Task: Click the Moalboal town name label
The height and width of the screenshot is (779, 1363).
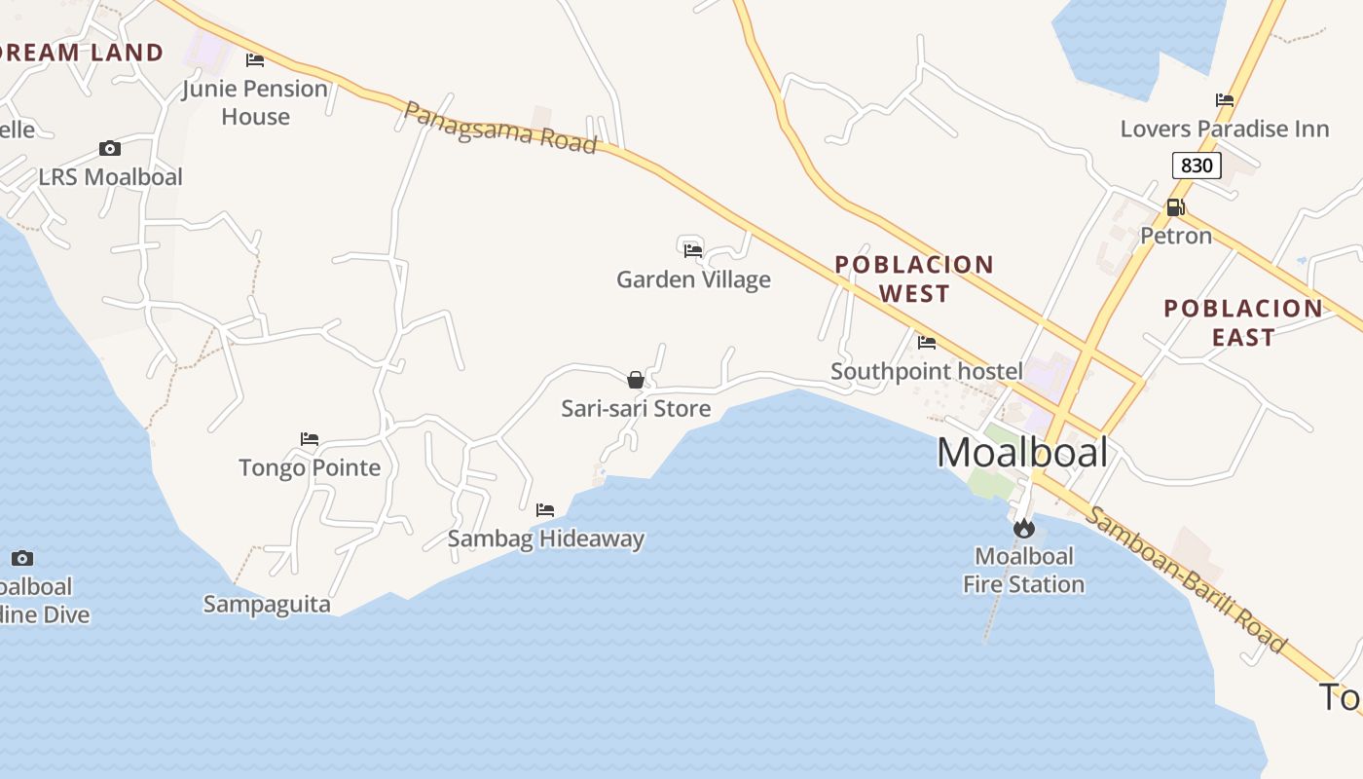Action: (x=1022, y=453)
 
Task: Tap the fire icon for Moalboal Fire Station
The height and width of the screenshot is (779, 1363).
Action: (x=1023, y=529)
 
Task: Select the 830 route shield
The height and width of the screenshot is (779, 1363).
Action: (x=1196, y=166)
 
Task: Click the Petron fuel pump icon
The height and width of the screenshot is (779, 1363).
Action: (x=1175, y=207)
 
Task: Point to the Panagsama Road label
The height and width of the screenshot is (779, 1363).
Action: (x=499, y=129)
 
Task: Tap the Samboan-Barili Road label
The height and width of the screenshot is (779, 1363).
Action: (x=1185, y=580)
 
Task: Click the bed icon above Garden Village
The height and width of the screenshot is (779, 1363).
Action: (x=693, y=251)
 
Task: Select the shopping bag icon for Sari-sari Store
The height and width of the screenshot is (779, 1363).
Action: (x=636, y=380)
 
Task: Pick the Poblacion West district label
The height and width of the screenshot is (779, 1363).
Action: (x=914, y=278)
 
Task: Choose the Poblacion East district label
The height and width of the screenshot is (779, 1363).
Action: (x=1243, y=322)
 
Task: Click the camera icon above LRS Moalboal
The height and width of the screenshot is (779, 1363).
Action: (x=110, y=149)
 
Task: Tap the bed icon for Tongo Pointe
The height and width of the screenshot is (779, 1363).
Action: (x=310, y=439)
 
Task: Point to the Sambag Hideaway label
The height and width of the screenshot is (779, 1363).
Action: (x=546, y=538)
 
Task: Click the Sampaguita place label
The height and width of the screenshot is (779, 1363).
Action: (x=267, y=604)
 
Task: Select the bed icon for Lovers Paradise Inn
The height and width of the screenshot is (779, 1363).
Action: (x=1225, y=100)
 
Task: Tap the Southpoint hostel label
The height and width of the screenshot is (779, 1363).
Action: (x=927, y=371)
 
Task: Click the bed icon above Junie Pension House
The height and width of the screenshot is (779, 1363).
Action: (x=255, y=60)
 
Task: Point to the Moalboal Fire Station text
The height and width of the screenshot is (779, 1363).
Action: (x=1024, y=571)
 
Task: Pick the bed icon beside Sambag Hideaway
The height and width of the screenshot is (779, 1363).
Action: (x=545, y=510)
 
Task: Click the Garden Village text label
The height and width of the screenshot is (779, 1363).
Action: (x=693, y=279)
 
